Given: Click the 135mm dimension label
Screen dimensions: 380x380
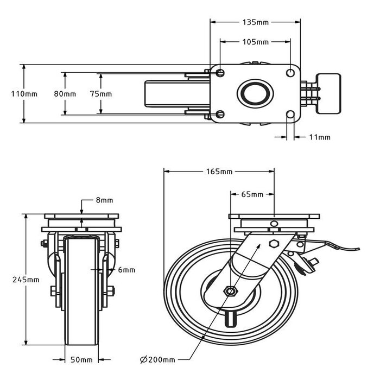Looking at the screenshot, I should point(255,22).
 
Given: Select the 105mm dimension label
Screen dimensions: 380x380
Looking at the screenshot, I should point(255,42).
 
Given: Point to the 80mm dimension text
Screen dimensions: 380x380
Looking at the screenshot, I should point(65,93).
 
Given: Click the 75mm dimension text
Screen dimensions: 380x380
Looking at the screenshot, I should point(100,93).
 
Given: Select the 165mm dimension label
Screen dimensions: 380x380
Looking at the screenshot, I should point(219,172).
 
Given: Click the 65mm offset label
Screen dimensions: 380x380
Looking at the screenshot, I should point(252,194).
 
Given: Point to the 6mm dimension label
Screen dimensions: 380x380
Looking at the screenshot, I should point(125,269).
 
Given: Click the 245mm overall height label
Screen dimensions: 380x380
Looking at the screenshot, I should point(26,280).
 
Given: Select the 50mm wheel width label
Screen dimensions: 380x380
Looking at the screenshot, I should point(81,359).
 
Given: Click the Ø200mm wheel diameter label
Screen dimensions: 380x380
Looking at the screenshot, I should point(157,359).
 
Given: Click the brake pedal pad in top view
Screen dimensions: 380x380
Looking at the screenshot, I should point(329,93).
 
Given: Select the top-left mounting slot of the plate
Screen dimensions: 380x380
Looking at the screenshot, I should point(219,72).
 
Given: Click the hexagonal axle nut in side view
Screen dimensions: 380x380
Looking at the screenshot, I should point(230,292).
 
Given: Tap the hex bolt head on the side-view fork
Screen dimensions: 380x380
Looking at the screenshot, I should point(274,243).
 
